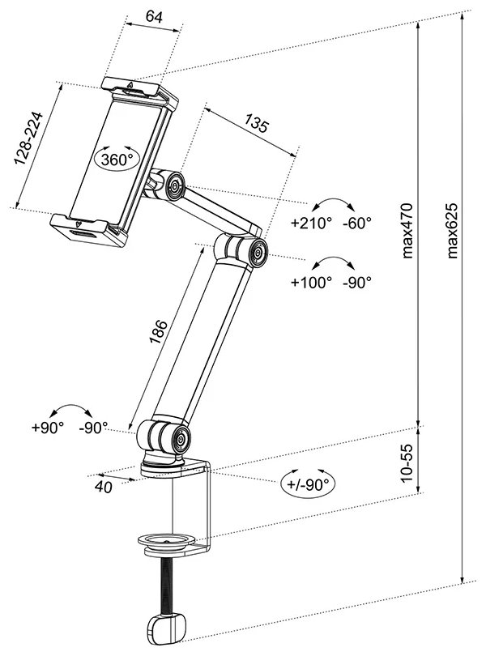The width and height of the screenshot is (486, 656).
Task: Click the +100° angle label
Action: (312, 283)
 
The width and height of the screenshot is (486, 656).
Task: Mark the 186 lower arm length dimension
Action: (159, 332)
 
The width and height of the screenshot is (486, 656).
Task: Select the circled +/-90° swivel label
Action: (309, 484)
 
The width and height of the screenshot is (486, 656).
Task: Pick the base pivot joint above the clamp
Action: (174, 440)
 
